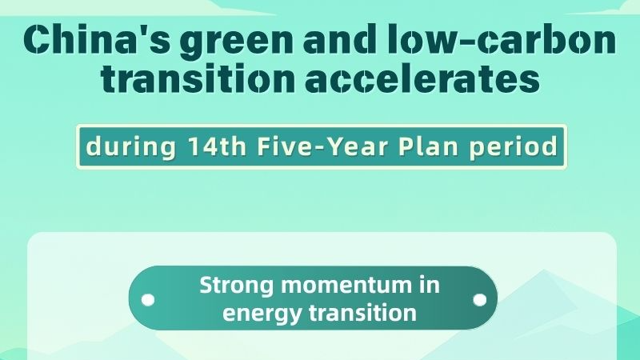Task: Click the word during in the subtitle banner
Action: pos(128,147)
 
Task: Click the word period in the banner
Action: pos(512,147)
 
